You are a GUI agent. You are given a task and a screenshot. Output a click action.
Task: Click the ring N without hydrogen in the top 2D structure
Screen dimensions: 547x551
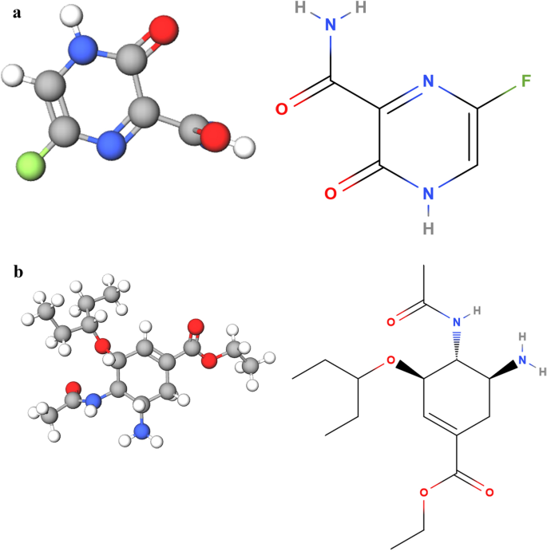(428, 81)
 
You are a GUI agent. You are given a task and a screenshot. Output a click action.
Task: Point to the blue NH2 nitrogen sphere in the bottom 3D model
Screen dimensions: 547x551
(141, 431)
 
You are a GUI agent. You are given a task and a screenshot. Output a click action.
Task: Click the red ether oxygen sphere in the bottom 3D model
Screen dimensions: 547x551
(101, 347)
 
